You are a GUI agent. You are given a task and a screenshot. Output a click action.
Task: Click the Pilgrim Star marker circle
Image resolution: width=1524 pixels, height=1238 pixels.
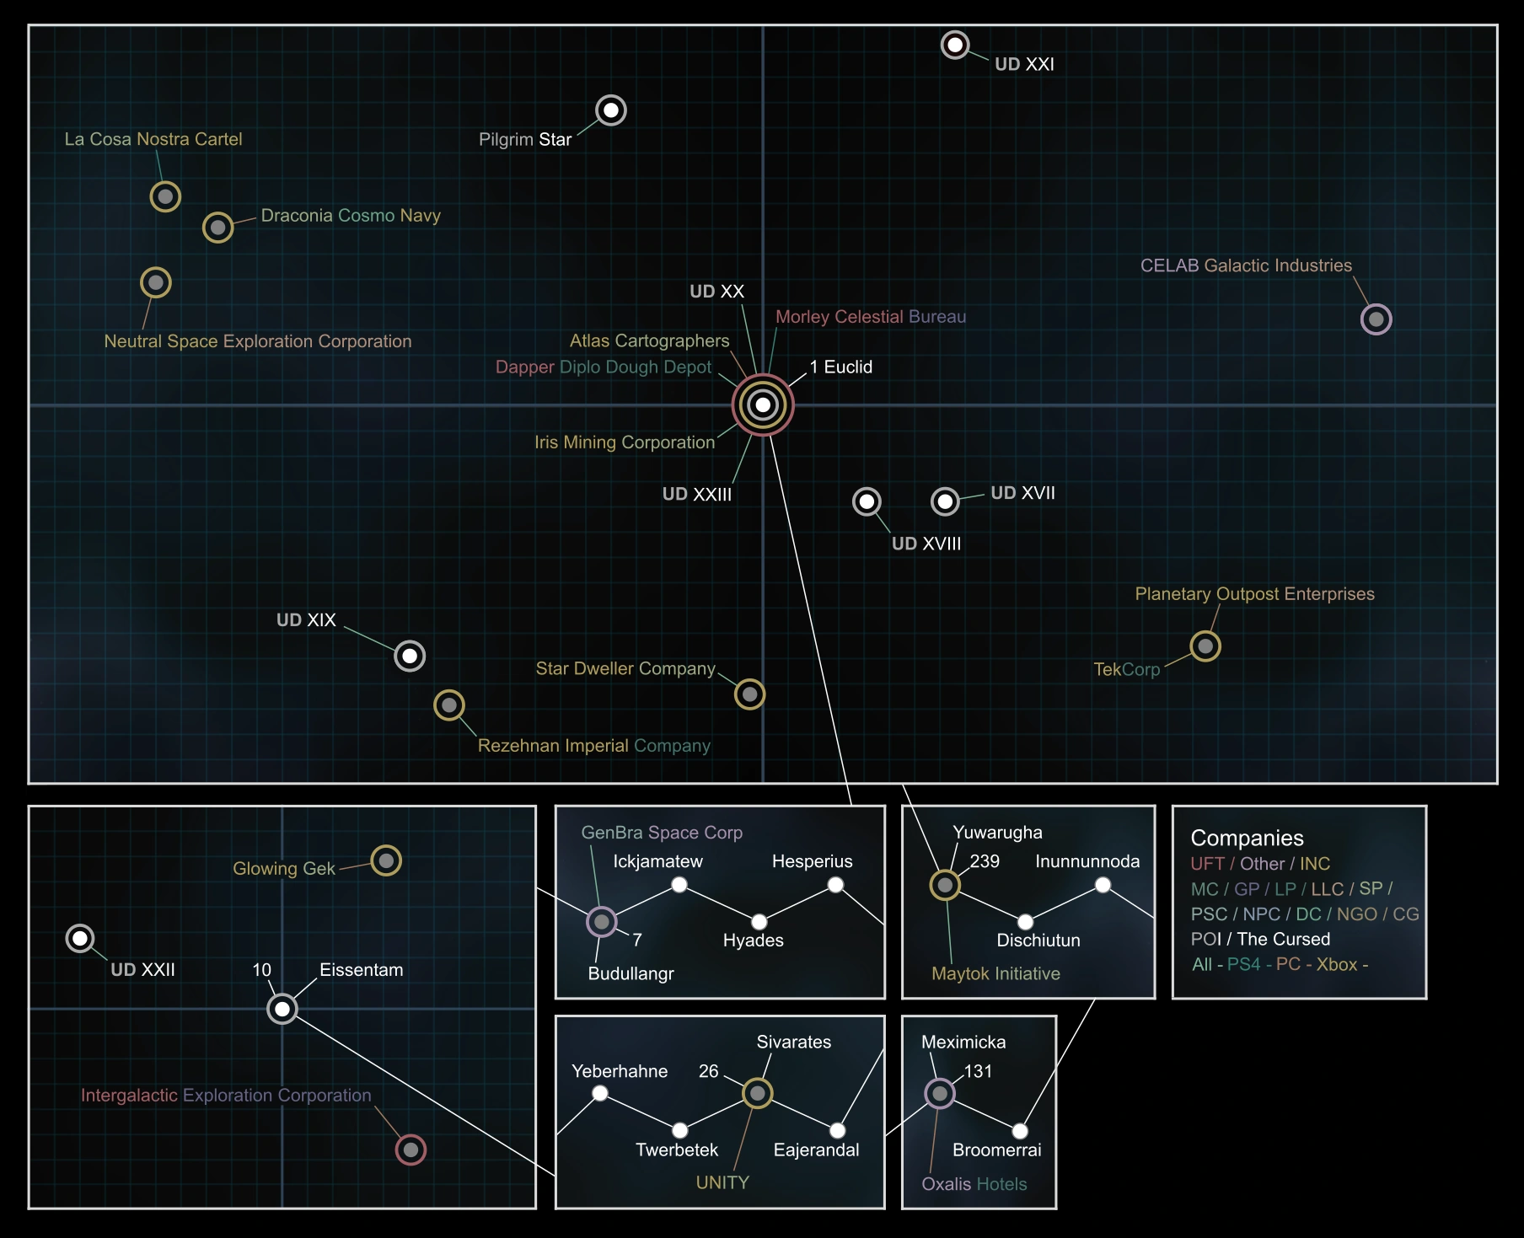tap(611, 110)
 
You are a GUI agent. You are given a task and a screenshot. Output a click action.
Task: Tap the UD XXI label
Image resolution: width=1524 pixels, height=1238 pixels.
tap(1024, 64)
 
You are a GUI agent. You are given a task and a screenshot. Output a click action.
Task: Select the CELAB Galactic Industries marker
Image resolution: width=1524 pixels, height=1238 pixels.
tap(1376, 319)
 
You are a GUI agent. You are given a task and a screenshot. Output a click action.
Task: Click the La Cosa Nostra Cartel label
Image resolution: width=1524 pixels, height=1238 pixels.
tap(153, 139)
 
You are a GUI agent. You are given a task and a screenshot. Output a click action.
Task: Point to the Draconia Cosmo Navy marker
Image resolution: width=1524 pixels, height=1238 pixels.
tap(218, 228)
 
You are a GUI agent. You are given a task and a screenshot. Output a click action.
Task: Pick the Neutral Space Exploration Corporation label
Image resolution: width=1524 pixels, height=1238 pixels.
tap(258, 341)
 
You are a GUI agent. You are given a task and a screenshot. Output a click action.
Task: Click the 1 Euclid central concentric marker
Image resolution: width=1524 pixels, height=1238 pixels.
tap(763, 405)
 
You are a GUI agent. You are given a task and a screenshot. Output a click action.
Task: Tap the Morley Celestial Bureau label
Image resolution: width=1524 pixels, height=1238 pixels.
tap(871, 317)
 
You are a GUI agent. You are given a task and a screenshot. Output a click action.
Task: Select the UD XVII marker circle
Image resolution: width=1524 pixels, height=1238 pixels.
tap(946, 502)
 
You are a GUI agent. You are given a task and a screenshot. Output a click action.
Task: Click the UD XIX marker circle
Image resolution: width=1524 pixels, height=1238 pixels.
tap(410, 656)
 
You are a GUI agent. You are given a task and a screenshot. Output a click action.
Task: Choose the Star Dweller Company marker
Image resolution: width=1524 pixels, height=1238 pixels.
tap(749, 694)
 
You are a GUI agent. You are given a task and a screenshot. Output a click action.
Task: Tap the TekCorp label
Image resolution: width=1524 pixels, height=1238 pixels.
tap(1127, 670)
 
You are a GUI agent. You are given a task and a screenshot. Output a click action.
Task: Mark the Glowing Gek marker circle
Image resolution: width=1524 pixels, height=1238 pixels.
tap(386, 860)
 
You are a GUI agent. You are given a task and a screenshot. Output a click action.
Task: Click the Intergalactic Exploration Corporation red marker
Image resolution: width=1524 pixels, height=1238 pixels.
tap(411, 1150)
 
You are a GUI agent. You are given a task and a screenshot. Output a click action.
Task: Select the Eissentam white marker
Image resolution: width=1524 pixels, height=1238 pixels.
tap(282, 1009)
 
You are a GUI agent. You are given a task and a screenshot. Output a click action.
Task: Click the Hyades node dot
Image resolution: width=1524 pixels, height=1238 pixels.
tap(759, 922)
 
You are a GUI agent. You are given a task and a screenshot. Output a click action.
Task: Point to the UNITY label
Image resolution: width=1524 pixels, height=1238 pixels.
tap(722, 1183)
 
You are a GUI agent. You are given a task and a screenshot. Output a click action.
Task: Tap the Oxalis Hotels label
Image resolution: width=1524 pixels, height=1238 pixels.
tap(974, 1184)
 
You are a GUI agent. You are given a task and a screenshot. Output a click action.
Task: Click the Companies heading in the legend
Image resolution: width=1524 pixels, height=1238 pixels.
tap(1247, 839)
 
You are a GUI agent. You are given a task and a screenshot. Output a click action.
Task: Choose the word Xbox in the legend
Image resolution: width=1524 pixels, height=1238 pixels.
tap(1337, 965)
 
